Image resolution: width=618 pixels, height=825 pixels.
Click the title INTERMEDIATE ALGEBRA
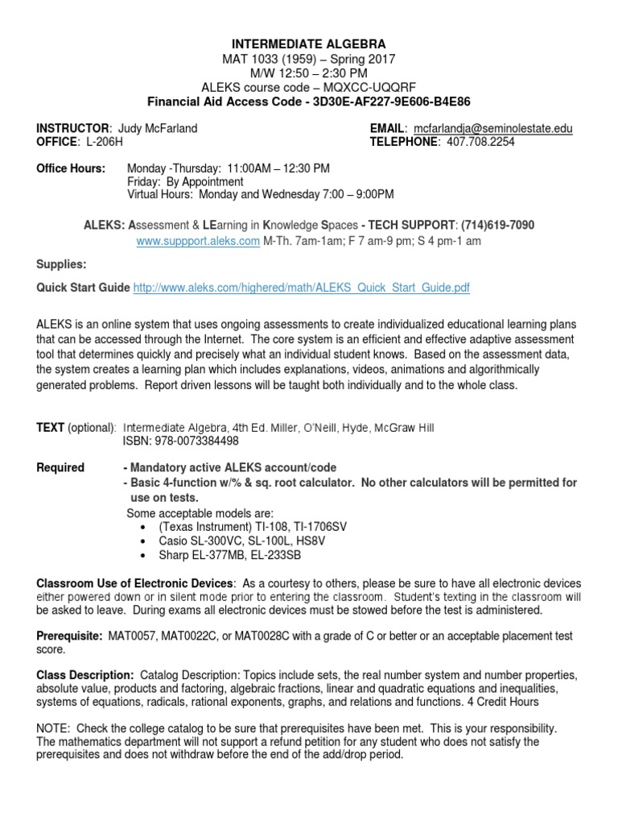pyautogui.click(x=310, y=44)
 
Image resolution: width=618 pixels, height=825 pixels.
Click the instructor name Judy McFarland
pyautogui.click(x=157, y=129)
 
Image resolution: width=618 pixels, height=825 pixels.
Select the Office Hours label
pyautogui.click(x=71, y=168)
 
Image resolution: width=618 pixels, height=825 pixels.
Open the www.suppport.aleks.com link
pyautogui.click(x=198, y=240)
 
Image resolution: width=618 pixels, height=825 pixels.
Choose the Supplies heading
pyautogui.click(x=61, y=263)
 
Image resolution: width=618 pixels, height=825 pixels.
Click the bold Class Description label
pyautogui.click(x=86, y=674)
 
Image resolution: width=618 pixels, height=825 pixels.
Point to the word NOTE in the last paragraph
pyautogui.click(x=55, y=727)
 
